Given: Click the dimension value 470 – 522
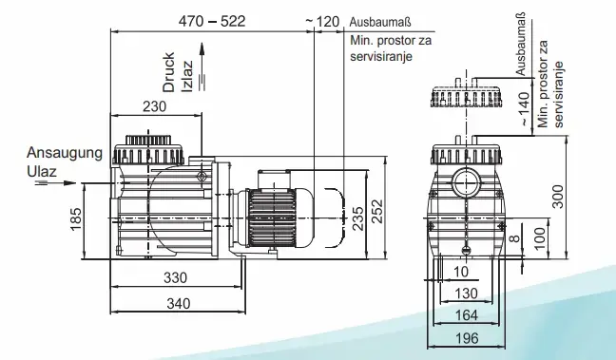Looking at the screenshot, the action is (x=212, y=21).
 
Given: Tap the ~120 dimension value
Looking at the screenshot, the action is (x=322, y=22).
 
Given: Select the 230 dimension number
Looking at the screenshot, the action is (x=154, y=106).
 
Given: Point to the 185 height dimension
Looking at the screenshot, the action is (x=76, y=218).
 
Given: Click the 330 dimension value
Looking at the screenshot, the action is (x=175, y=278).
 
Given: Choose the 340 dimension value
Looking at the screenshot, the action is (x=179, y=303).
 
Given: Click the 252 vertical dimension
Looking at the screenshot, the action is (x=377, y=211).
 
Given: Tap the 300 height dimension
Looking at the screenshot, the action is (x=558, y=197).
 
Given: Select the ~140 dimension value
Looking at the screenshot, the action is (x=524, y=108).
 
